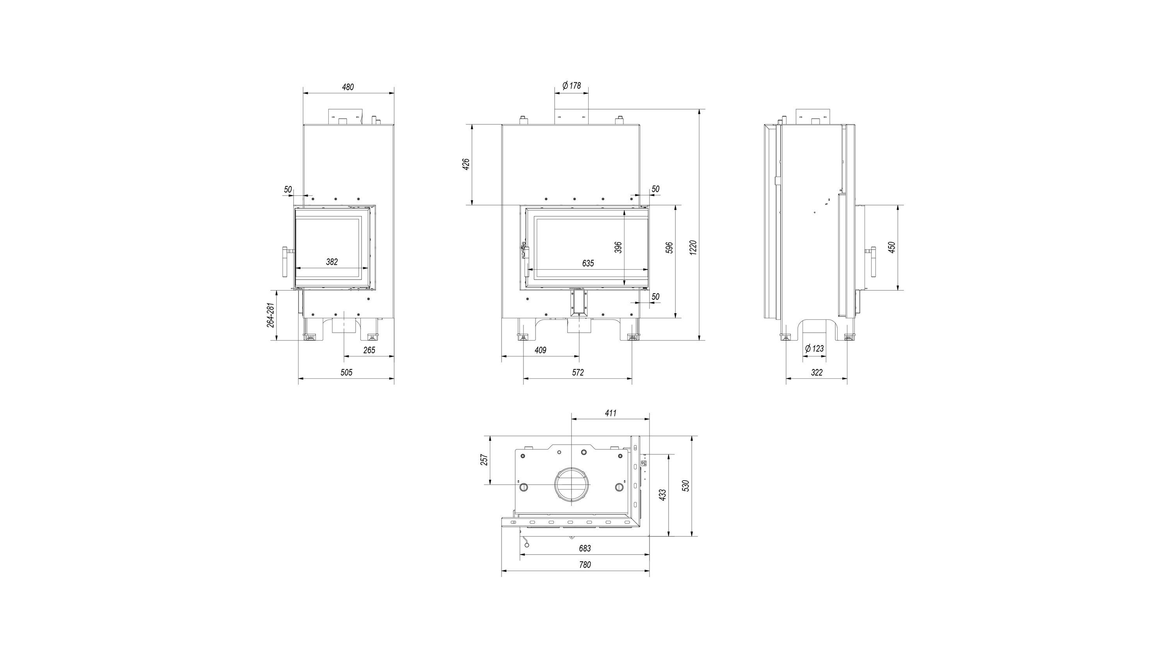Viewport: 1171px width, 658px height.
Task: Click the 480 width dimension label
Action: [x=348, y=87]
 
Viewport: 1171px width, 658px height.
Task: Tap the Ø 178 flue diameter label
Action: [x=571, y=85]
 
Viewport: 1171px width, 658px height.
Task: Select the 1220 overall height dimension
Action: [x=693, y=248]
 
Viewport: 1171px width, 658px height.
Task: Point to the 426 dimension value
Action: [x=466, y=164]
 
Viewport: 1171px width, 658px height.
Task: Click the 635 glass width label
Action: [x=588, y=263]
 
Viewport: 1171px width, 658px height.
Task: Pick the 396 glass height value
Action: [x=618, y=247]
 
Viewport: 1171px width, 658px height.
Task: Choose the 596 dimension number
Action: [x=669, y=248]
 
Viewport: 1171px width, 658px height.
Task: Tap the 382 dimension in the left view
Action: [x=332, y=262]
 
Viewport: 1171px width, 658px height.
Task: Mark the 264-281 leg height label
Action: [x=270, y=315]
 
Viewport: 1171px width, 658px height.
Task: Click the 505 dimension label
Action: [x=346, y=372]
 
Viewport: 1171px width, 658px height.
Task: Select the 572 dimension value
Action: [x=577, y=372]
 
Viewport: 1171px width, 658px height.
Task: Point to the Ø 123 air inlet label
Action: [x=814, y=349]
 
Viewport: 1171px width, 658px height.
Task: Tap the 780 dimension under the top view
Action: [x=585, y=565]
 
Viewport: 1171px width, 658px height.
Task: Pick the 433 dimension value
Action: [x=662, y=495]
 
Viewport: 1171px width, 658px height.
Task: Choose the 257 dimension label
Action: [x=484, y=460]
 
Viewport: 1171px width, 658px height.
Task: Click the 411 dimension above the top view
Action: [x=610, y=413]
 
